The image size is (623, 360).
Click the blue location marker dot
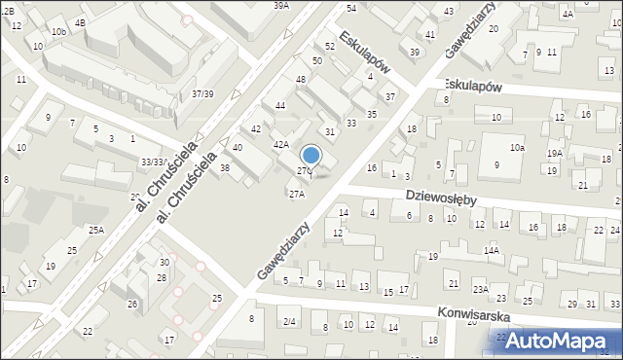[x=311, y=155]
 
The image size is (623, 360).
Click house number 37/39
[x=202, y=93]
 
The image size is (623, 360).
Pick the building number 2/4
[x=289, y=322]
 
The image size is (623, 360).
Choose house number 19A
[x=554, y=154]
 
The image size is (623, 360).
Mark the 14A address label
[x=491, y=251]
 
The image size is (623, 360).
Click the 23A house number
[x=481, y=290]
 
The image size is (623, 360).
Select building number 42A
[x=280, y=144]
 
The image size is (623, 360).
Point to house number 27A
[x=296, y=194]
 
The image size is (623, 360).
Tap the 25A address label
[x=96, y=231]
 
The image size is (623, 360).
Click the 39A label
[x=280, y=6]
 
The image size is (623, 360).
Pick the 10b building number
[x=59, y=32]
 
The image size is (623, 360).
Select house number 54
[x=350, y=8]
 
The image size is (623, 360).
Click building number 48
[x=302, y=79]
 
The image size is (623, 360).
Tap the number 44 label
[x=280, y=105]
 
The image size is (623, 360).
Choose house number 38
[x=225, y=168]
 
